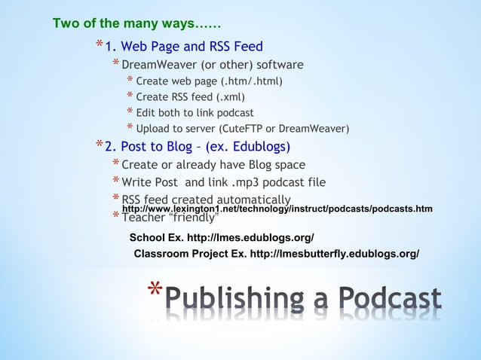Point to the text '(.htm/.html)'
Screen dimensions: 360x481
click(x=252, y=81)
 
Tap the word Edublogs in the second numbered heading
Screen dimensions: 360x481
click(x=256, y=146)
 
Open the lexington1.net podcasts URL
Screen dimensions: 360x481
click(x=277, y=208)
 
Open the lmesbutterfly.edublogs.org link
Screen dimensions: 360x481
click(x=334, y=254)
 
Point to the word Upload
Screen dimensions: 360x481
click(x=153, y=129)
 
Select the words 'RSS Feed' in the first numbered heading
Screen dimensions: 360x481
click(x=235, y=47)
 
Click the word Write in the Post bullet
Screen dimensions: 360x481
click(x=136, y=182)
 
